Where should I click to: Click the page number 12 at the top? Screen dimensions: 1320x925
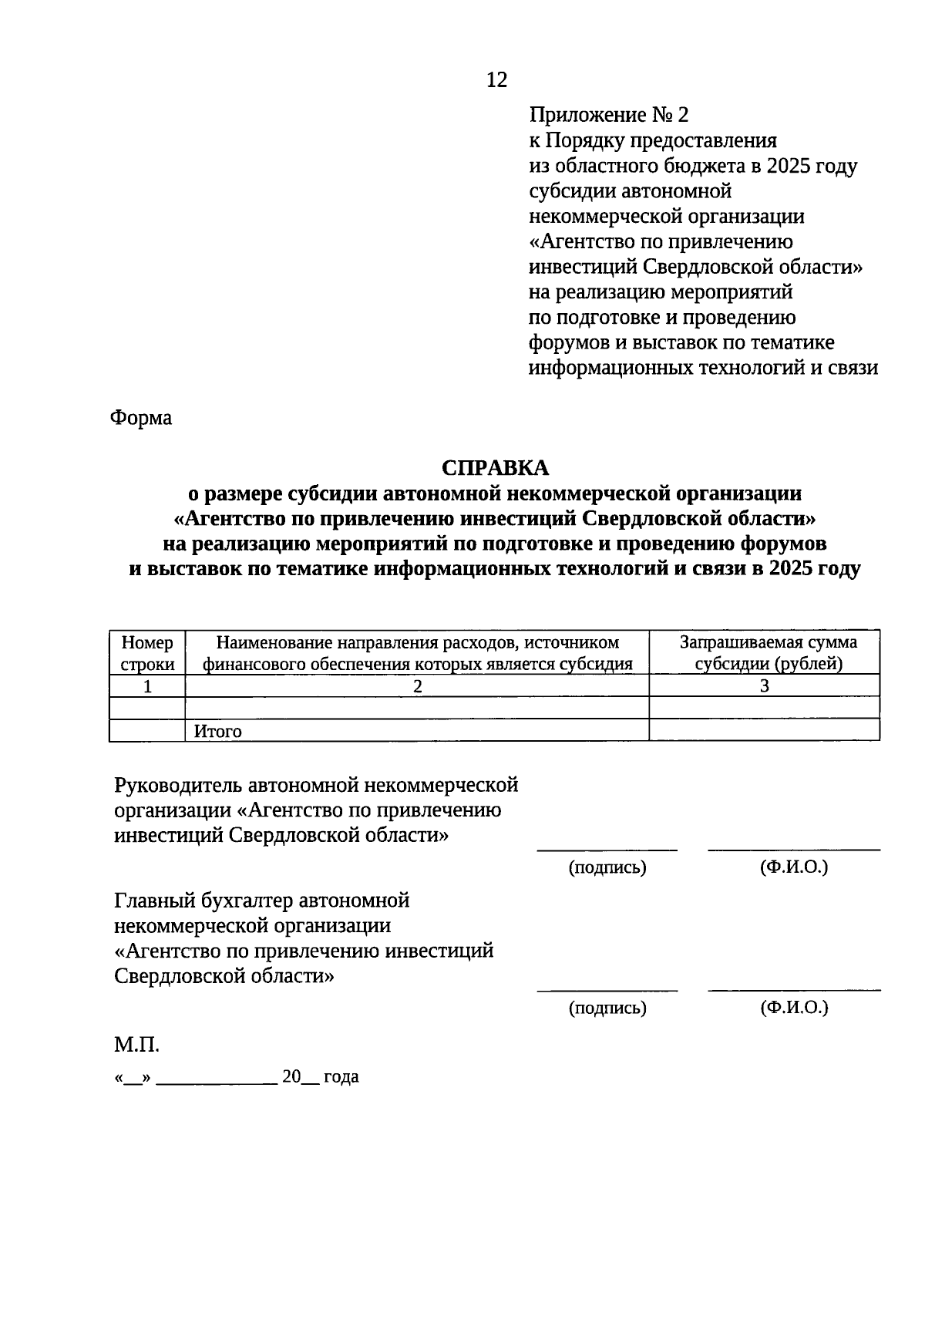click(x=497, y=80)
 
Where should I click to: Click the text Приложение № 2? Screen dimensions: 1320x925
click(x=608, y=116)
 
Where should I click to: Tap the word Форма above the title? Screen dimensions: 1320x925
click(x=141, y=418)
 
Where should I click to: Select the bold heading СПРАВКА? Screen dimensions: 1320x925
click(x=495, y=468)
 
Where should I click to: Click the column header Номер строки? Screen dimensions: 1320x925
click(x=147, y=653)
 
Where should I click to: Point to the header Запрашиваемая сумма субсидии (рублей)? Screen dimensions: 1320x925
click(x=764, y=653)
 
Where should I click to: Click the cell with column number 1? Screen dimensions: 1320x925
click(x=147, y=686)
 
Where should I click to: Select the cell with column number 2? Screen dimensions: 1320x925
click(x=417, y=686)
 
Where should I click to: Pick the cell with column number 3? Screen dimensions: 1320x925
click(x=764, y=686)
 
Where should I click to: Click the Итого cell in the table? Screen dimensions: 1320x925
click(x=218, y=731)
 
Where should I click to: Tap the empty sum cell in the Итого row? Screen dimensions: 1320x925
click(x=764, y=730)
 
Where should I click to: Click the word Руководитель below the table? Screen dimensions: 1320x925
click(x=178, y=786)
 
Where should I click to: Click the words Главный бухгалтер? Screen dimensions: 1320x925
click(x=205, y=901)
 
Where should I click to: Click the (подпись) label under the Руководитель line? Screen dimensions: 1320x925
click(x=607, y=867)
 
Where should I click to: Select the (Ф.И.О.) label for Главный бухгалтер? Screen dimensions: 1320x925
click(x=794, y=1008)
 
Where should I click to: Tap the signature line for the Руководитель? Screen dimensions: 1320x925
click(x=607, y=850)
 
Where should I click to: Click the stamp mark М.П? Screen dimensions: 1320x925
click(x=137, y=1046)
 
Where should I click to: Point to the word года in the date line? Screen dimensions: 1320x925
click(x=341, y=1077)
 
